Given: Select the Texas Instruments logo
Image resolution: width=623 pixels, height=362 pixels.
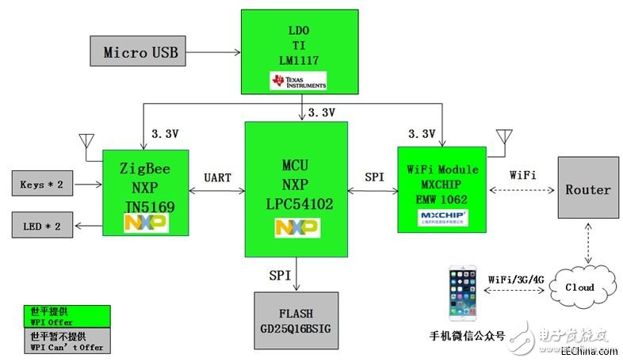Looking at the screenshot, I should click(297, 81).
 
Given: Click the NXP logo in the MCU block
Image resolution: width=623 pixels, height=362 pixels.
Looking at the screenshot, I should click(296, 228).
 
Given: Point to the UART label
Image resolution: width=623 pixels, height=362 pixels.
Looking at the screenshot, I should click(216, 178).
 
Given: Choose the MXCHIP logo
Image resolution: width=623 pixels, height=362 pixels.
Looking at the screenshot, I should click(441, 217).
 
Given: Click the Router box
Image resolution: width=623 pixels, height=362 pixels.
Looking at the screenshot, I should click(587, 189).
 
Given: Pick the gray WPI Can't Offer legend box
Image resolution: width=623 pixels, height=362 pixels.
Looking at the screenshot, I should click(66, 341).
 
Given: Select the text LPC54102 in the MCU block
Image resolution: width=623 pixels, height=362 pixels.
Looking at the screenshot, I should click(296, 204).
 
